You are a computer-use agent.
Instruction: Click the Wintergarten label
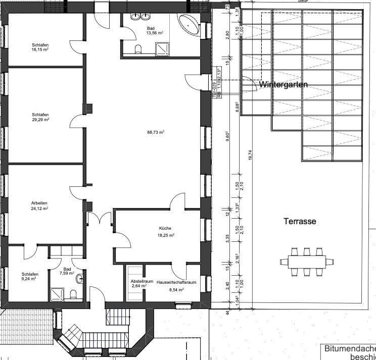(x=283, y=85)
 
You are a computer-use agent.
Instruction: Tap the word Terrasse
(x=300, y=221)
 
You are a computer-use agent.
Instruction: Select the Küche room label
(x=165, y=228)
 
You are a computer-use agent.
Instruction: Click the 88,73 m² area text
(x=155, y=132)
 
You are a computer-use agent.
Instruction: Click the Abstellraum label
(x=135, y=281)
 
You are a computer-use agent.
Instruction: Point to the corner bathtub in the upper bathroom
(x=190, y=24)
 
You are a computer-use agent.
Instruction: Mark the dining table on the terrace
(x=306, y=262)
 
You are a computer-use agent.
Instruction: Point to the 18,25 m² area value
(x=165, y=235)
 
